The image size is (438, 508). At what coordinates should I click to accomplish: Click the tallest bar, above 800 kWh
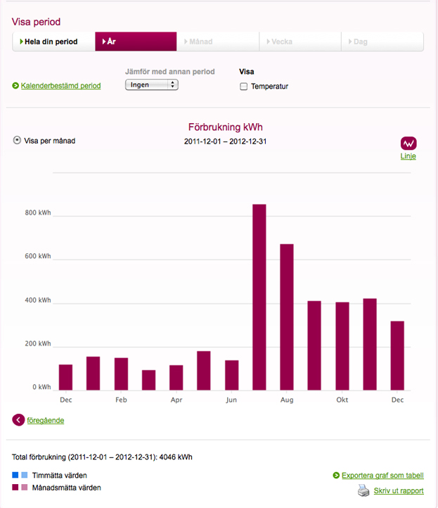[259, 297]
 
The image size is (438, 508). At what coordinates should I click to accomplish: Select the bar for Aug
[287, 317]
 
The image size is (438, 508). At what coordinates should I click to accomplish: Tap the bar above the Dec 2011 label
[65, 377]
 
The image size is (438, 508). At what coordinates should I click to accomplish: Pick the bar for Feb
[121, 374]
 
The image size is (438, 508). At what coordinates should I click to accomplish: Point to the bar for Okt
[342, 345]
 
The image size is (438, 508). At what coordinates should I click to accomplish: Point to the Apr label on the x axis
[176, 400]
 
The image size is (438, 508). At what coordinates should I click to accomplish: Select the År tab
[136, 42]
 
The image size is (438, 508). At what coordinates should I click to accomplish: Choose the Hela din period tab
[53, 42]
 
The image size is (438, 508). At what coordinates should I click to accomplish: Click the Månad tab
[218, 42]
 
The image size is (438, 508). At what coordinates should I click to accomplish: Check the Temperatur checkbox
[244, 87]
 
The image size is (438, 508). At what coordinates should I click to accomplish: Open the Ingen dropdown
[151, 84]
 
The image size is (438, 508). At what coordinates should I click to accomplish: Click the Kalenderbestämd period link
[60, 86]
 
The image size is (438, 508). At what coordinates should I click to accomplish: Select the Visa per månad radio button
[17, 140]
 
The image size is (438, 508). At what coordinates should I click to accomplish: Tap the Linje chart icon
[408, 143]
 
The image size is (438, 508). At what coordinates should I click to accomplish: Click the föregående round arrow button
[18, 420]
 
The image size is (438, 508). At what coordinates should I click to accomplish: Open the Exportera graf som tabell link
[382, 476]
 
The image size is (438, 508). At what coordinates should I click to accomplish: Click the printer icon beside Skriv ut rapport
[363, 490]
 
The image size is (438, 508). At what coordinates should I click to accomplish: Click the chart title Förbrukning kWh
[225, 127]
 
